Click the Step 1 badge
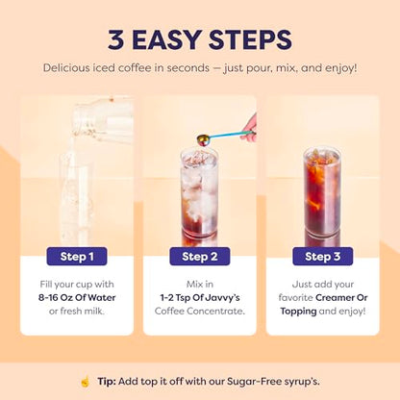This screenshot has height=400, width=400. pos(77,257)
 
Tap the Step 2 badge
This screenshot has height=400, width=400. pos(199,257)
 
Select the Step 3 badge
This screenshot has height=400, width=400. pos(322,257)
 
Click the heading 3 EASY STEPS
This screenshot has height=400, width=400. pos(200,39)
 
